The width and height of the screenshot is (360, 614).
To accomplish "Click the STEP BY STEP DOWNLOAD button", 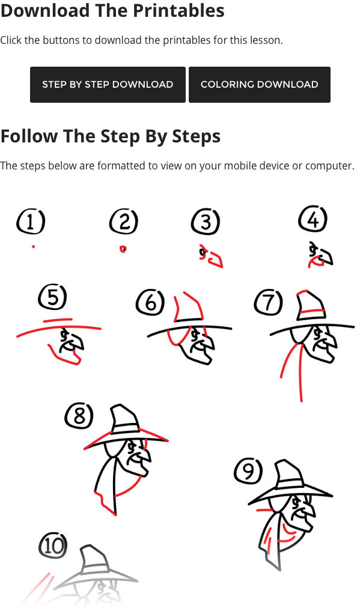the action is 108,85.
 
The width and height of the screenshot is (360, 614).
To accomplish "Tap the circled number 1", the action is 31,221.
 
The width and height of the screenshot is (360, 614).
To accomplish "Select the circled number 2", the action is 124,221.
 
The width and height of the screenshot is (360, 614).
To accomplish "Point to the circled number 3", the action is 206,222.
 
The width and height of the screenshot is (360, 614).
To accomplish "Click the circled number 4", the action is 313,219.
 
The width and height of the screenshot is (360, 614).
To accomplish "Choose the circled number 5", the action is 52,297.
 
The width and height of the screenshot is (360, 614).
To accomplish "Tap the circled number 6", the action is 150,302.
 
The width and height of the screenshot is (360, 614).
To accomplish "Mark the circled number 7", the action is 268,302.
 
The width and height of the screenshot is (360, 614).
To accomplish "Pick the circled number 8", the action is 79,415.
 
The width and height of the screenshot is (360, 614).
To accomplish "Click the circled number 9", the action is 248,470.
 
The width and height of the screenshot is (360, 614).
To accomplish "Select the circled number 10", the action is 53,545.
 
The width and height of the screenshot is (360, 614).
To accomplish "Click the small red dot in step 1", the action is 33,246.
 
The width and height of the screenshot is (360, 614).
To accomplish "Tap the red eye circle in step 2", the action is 123,249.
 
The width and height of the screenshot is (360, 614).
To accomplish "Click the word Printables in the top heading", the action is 178,11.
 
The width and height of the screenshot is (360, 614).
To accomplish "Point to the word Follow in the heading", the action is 29,136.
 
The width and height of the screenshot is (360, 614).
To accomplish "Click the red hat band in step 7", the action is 311,311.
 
